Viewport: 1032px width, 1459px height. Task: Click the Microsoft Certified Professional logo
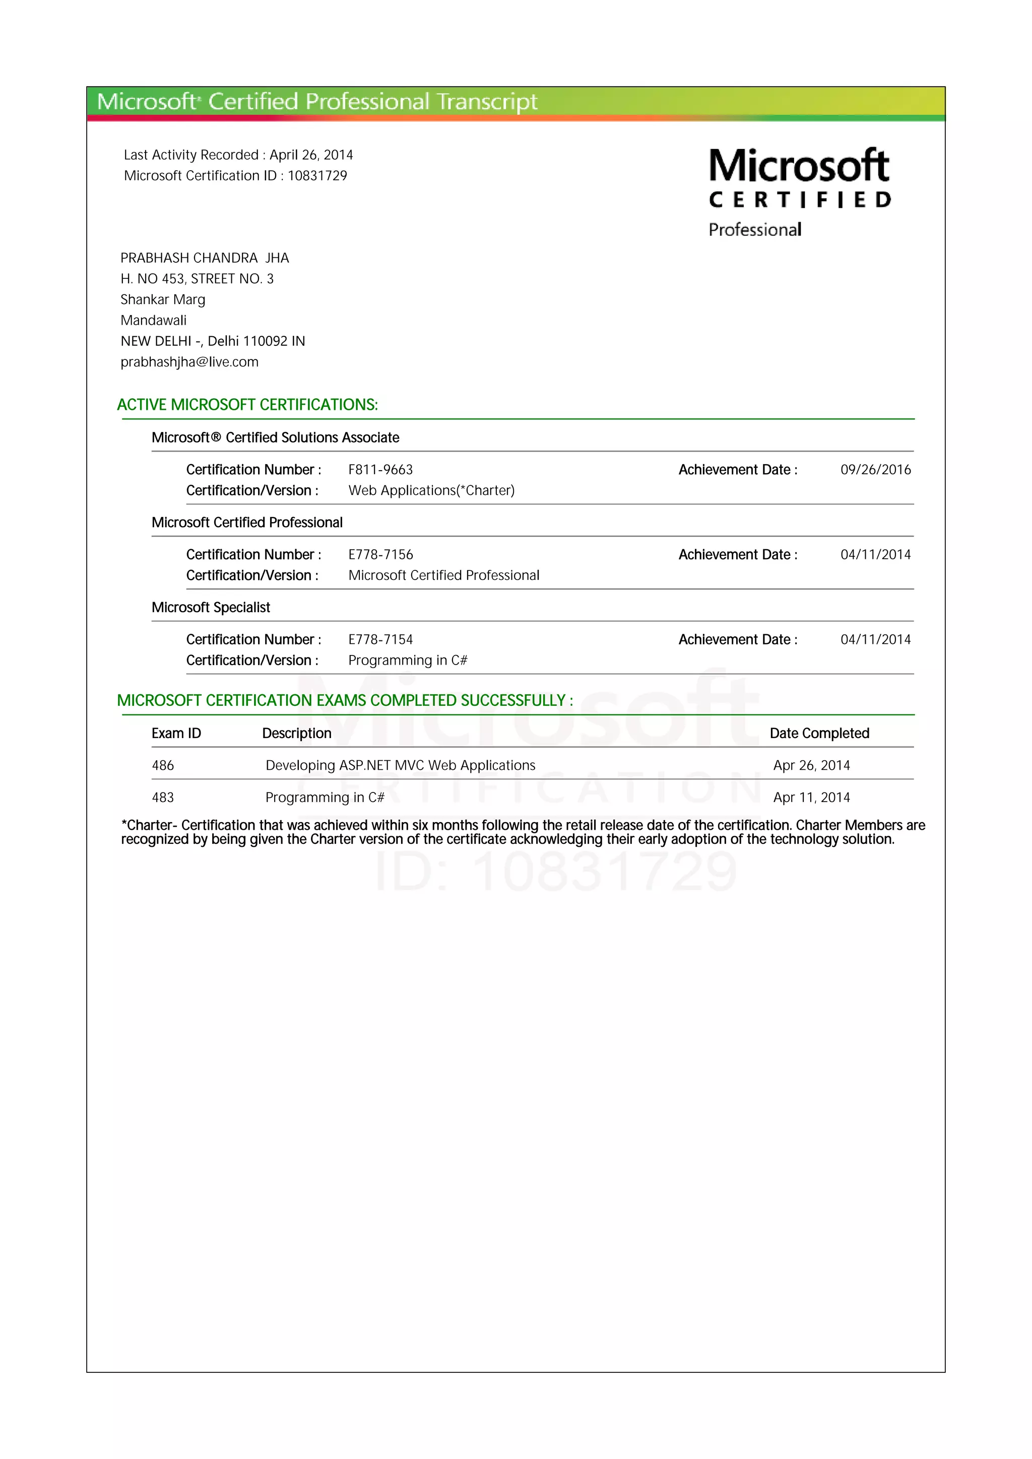click(x=799, y=191)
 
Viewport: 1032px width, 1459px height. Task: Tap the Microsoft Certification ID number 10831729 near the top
click(x=317, y=176)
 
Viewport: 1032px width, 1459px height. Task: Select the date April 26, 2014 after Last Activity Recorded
click(x=311, y=155)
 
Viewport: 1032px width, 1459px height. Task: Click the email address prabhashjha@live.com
click(x=189, y=362)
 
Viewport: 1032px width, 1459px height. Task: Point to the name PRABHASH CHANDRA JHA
click(x=205, y=258)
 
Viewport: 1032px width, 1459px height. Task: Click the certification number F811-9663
click(x=380, y=470)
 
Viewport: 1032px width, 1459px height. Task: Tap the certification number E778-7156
click(x=380, y=555)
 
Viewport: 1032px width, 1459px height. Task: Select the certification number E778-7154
click(x=380, y=639)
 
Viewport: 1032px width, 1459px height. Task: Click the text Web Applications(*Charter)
click(x=431, y=490)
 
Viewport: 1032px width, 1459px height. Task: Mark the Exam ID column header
click(x=176, y=734)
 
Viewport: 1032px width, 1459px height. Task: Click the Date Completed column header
click(x=819, y=734)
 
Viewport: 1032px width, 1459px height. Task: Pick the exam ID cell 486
click(x=163, y=766)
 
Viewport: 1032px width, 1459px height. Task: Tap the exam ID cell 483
click(x=163, y=797)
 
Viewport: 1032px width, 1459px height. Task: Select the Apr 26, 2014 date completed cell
click(x=811, y=766)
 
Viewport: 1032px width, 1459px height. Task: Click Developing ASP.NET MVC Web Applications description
click(x=400, y=766)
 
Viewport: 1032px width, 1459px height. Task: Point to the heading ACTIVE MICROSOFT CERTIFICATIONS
click(x=247, y=405)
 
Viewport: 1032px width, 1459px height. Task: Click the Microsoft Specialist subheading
click(x=211, y=608)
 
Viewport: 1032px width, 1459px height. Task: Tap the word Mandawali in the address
click(x=153, y=320)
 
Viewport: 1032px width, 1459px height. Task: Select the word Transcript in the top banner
click(x=487, y=102)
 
